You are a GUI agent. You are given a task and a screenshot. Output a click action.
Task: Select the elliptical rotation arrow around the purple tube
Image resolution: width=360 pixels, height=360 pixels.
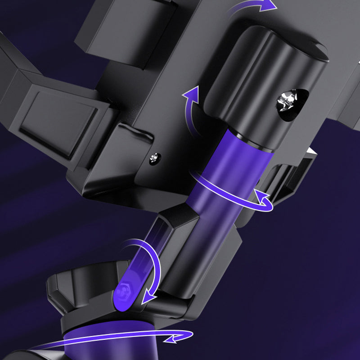(x=234, y=198)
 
